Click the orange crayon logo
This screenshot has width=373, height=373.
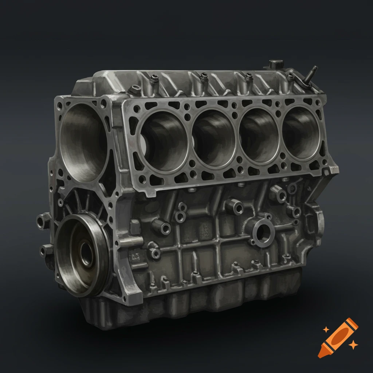point(338,337)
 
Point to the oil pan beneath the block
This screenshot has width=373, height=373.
point(204,302)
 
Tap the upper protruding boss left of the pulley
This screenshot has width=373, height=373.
point(43,220)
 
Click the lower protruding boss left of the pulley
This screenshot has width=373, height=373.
point(46,250)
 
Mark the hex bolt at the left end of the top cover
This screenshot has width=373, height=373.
point(136,89)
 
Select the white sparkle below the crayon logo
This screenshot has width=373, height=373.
point(353,345)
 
